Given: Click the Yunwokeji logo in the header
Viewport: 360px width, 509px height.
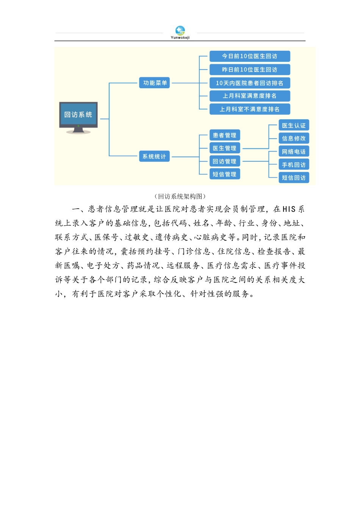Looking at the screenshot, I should (180, 32).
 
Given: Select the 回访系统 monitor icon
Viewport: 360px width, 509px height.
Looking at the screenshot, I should (78, 117).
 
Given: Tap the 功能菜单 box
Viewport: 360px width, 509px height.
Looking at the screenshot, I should (155, 83).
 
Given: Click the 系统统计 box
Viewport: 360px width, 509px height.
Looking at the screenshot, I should (154, 156).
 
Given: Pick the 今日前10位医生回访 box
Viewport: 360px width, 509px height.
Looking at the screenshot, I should (250, 56).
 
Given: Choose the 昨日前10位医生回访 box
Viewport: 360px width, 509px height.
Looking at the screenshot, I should (250, 70).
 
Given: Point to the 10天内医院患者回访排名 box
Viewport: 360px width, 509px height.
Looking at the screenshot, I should (250, 83).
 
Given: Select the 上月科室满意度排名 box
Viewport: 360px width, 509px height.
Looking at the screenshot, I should (250, 96).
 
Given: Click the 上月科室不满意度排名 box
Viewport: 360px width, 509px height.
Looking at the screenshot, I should (250, 109).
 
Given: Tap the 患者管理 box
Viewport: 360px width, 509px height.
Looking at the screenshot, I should (224, 135).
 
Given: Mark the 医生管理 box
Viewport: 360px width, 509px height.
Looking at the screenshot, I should (224, 148).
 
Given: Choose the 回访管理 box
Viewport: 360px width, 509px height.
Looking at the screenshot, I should (224, 161).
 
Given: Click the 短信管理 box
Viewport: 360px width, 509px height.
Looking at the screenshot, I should (224, 174).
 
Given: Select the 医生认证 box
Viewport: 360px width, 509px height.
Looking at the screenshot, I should (294, 125).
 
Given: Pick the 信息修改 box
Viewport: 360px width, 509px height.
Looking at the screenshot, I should (294, 138).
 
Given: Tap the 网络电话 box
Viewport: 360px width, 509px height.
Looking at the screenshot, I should (294, 151).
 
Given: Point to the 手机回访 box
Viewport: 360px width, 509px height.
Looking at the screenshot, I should (294, 165).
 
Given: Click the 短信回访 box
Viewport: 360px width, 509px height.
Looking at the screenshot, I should (294, 178).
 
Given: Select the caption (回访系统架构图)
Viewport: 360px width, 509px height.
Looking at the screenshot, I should (180, 196).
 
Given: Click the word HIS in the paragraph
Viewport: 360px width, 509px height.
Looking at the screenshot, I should (289, 209).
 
